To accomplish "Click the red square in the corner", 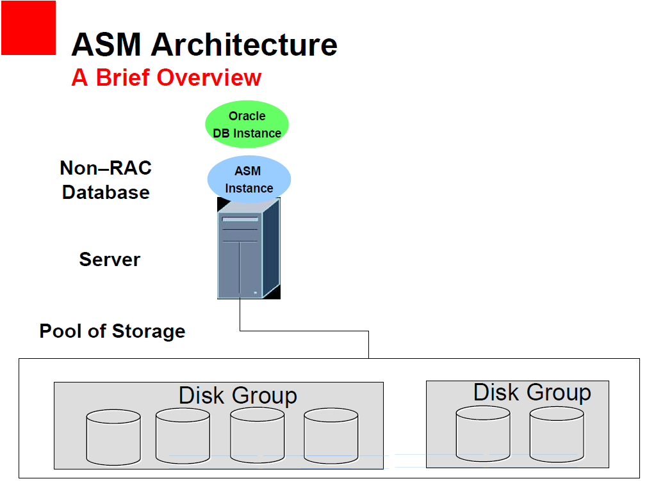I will tap(28, 28).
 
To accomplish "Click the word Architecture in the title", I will tap(244, 45).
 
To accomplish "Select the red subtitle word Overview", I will tap(209, 77).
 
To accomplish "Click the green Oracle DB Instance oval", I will tap(247, 125).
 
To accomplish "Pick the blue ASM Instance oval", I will tap(249, 180).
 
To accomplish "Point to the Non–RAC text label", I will tap(106, 168).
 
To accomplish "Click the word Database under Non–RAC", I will tap(106, 192).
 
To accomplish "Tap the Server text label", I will tap(110, 259).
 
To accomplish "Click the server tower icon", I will tap(248, 249).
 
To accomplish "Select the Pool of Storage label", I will tap(112, 331).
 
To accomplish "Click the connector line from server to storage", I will tap(304, 331).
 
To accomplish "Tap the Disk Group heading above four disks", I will tap(238, 395).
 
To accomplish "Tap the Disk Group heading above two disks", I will tap(532, 392).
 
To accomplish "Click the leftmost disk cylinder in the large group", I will tap(113, 438).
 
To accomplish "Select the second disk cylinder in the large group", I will tap(183, 436).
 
